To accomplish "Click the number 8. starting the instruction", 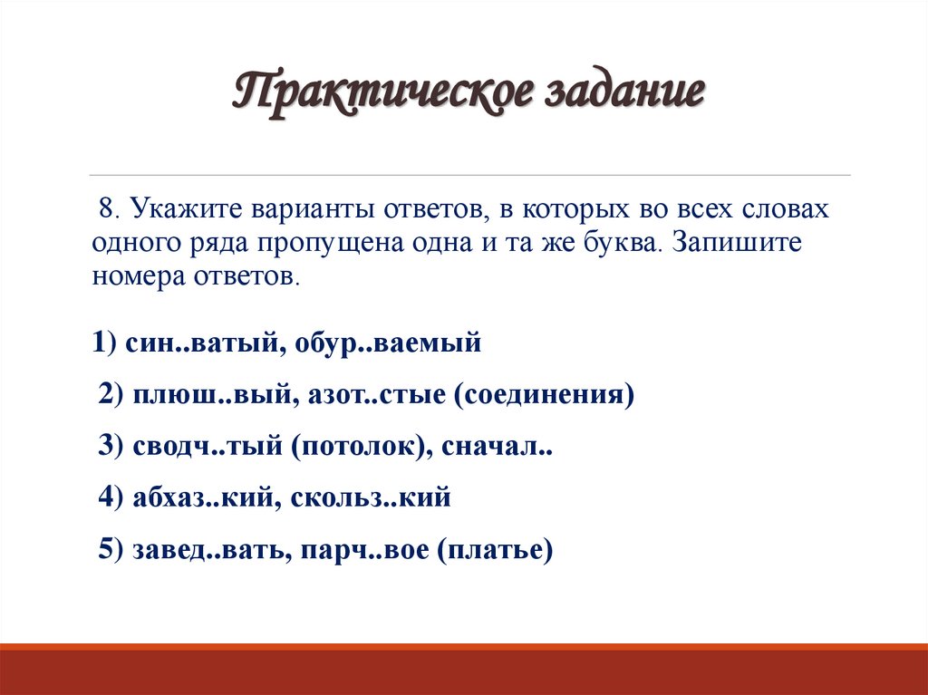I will point(110,210).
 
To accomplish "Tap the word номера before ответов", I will point(140,276).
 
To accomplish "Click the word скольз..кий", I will point(371,499).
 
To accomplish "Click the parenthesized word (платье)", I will point(495,551).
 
